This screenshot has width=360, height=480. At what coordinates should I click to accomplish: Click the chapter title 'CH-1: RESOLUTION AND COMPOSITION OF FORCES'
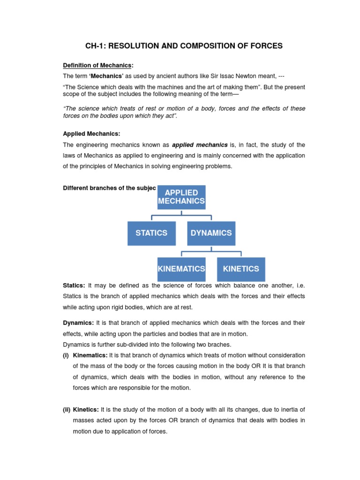[x=184, y=45]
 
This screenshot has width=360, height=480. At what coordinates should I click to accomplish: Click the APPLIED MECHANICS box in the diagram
[x=181, y=197]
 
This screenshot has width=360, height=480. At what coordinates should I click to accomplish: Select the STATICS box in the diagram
[x=151, y=233]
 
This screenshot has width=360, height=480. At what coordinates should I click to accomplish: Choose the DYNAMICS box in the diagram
[x=211, y=233]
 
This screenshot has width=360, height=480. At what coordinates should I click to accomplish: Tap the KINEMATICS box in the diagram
[x=181, y=269]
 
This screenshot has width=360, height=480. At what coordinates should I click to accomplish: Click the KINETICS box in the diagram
[x=241, y=269]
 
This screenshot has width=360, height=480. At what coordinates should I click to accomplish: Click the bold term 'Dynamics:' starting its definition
[x=79, y=323]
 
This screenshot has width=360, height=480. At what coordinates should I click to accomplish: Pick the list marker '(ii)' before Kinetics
[x=67, y=410]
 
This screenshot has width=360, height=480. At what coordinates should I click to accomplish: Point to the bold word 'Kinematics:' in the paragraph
[x=90, y=355]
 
